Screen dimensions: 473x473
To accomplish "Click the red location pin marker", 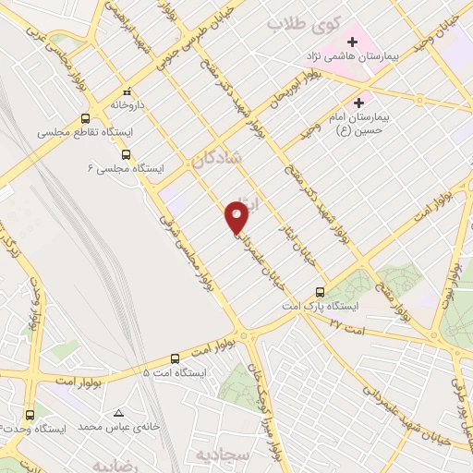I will point(237,216).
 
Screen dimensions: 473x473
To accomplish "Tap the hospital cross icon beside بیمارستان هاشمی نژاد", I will point(352,42).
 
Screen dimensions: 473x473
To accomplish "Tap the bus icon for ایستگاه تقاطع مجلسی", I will point(85,118).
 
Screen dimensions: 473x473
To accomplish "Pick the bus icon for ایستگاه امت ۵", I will point(176,358).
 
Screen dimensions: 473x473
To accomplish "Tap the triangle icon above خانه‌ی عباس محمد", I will point(118,413).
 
